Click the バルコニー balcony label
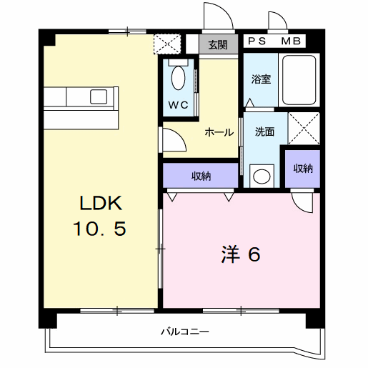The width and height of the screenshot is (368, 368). pos(184,332)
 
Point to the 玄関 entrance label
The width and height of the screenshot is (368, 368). pos(218,44)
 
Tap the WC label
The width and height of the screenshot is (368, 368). pos(178,105)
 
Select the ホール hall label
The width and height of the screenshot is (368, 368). pos(217,132)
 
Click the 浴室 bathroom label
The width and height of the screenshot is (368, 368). pos(261,79)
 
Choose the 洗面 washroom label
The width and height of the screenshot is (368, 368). pos(265,131)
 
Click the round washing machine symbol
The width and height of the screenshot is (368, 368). pos(263,174)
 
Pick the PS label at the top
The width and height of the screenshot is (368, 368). pos(257,41)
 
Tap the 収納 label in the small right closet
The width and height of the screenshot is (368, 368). pos(302,169)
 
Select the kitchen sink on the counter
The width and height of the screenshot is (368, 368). pos(99,96)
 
